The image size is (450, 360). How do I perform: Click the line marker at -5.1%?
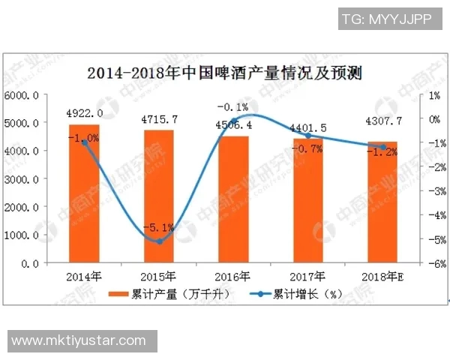(159, 241)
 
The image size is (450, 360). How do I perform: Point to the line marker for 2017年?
(308, 136)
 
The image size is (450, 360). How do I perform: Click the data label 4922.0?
(85, 114)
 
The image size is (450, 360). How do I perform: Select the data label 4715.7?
(159, 119)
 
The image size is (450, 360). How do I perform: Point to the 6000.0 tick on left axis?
(25, 95)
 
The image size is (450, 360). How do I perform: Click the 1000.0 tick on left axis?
(25, 235)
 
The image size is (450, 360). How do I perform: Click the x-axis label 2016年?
(233, 276)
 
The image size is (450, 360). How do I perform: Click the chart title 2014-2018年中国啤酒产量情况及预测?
(225, 73)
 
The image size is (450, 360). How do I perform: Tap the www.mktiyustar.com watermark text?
(79, 340)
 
